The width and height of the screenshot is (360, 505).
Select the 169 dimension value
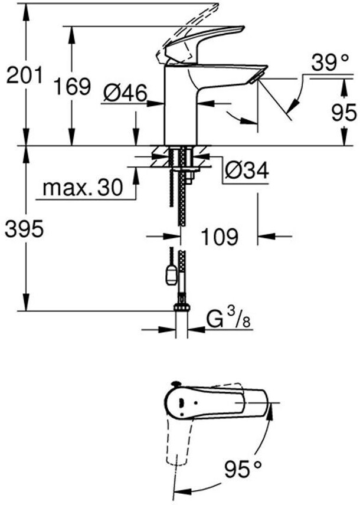tap(72, 87)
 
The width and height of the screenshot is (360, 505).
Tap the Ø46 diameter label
tap(125, 92)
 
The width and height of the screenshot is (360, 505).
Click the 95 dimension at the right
tap(343, 112)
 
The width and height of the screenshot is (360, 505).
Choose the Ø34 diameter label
tap(247, 170)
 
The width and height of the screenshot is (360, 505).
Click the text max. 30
tap(82, 188)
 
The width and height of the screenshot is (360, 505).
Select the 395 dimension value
tap(24, 229)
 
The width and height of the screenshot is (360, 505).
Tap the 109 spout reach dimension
tap(219, 237)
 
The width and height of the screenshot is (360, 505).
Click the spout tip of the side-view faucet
tap(257, 78)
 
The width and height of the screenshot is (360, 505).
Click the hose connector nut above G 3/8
tap(182, 307)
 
